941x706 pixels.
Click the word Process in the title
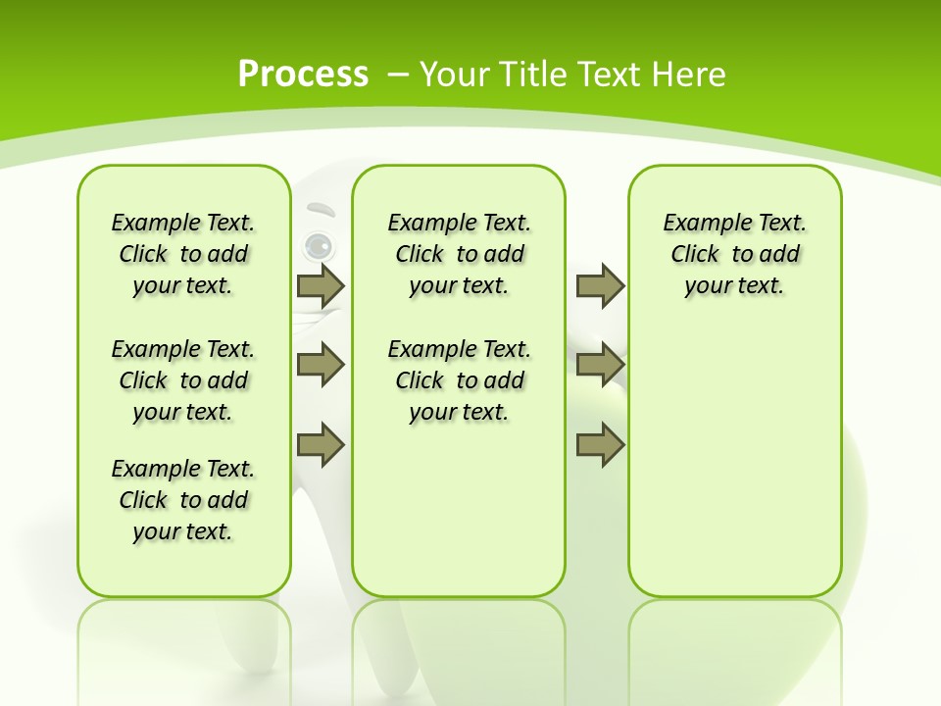[x=303, y=75]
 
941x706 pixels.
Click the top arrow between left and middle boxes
[x=320, y=285]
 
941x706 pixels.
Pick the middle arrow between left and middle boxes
[x=320, y=365]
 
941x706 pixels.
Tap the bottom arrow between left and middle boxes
[x=320, y=444]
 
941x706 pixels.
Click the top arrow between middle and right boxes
[x=600, y=285]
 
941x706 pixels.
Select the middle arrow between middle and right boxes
[x=600, y=365]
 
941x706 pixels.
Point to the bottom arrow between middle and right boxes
[x=600, y=444]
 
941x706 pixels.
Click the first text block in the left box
[x=183, y=254]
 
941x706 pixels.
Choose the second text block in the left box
[x=183, y=380]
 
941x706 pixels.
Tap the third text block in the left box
[x=183, y=500]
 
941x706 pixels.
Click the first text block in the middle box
[x=459, y=254]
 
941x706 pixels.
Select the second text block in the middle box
[x=459, y=380]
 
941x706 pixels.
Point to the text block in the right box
[x=734, y=254]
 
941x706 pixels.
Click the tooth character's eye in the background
[x=316, y=245]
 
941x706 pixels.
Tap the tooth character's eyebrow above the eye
[x=321, y=209]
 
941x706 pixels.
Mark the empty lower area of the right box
[x=734, y=471]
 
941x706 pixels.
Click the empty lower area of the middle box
[x=459, y=510]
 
